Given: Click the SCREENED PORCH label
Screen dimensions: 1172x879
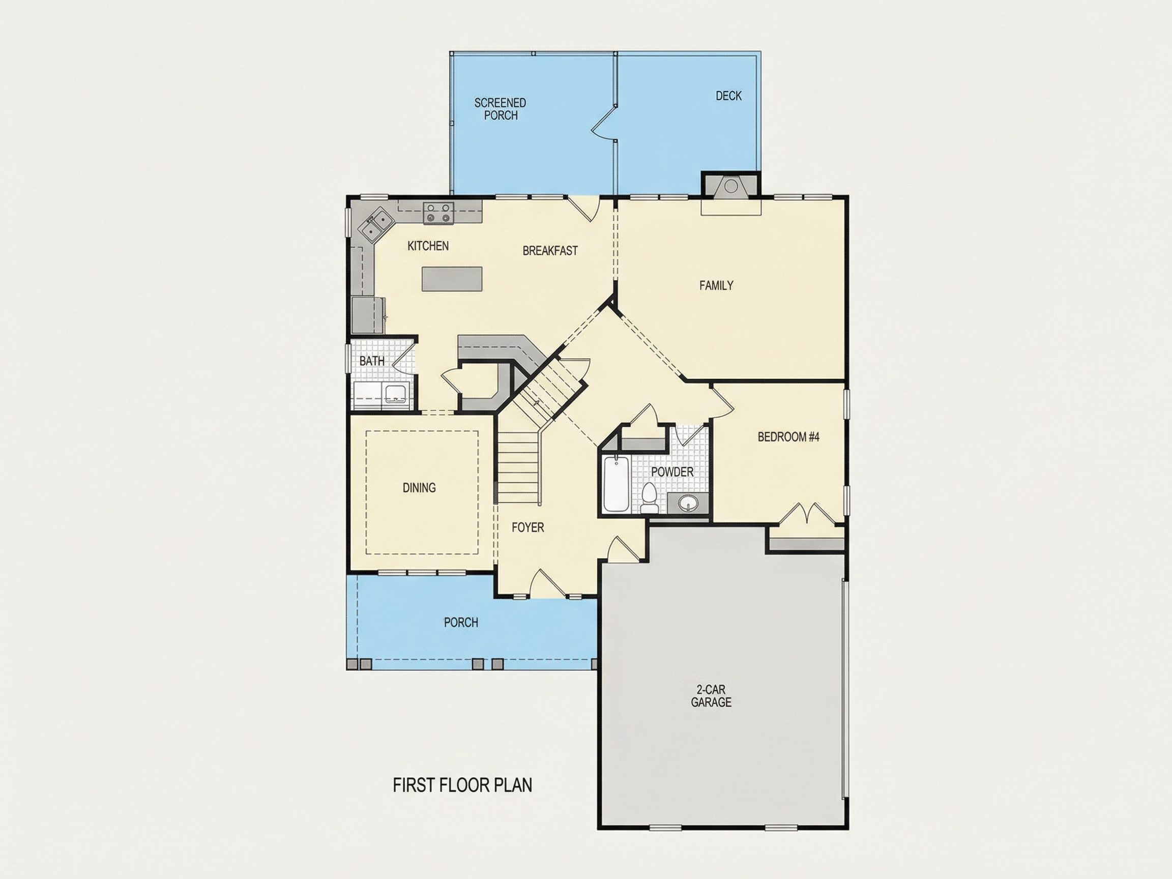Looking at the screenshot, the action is tap(500, 109).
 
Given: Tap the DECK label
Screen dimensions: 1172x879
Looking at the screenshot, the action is tap(728, 96).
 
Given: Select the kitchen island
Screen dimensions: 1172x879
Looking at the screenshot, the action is tap(452, 279).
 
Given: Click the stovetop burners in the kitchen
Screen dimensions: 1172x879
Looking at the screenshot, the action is tap(438, 213).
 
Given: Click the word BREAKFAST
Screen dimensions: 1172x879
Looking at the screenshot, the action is tap(550, 251).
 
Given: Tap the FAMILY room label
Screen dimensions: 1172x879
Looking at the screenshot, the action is tap(716, 285).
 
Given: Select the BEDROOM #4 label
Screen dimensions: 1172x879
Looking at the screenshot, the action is tap(788, 437).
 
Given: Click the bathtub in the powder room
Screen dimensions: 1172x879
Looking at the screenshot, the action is tap(616, 484).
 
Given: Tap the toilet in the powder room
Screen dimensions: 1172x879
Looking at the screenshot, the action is tap(649, 499).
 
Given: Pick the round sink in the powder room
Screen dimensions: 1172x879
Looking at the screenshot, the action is tap(688, 503).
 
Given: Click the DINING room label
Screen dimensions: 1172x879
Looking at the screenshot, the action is tap(419, 487).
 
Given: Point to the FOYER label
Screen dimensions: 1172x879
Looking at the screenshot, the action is tap(528, 527).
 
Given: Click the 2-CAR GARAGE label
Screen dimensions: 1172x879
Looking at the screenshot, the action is tap(711, 696).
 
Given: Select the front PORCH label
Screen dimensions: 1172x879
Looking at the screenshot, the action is tap(461, 623).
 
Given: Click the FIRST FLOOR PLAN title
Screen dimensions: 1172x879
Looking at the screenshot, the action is tap(462, 785).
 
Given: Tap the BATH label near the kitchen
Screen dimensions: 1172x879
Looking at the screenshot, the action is tap(372, 361).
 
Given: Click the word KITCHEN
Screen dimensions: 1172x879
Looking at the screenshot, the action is tap(428, 246).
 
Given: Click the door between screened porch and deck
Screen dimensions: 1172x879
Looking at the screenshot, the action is tap(604, 124).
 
